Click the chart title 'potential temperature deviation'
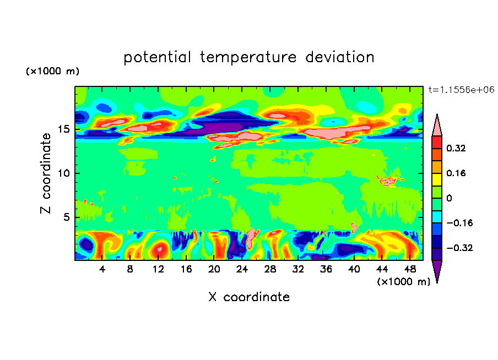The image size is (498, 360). click(x=249, y=57)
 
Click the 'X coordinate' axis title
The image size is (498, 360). click(x=249, y=297)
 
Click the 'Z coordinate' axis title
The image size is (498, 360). click(x=46, y=173)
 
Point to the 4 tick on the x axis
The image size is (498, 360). click(x=102, y=269)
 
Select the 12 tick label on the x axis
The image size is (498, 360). click(x=159, y=269)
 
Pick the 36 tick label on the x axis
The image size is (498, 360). click(x=326, y=269)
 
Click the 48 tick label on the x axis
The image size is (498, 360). click(x=410, y=269)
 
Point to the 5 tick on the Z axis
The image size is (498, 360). click(x=64, y=217)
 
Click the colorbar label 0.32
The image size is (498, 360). click(x=457, y=149)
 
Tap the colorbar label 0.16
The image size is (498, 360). click(x=457, y=173)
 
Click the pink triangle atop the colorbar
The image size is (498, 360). click(x=437, y=126)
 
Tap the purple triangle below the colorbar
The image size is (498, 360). click(x=437, y=270)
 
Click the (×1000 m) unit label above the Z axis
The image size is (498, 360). click(x=52, y=72)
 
